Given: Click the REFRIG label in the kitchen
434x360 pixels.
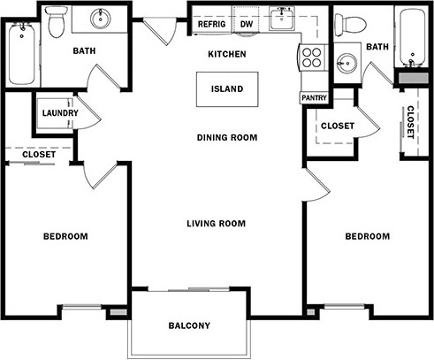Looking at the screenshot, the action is pos(211,24).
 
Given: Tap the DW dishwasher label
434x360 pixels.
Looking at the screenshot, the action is pos(247,24).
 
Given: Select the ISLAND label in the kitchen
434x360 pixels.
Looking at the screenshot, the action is pos(227,89).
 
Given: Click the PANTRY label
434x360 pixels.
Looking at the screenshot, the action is pos(314,97).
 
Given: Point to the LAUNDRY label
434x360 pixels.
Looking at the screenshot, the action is pos(60,113).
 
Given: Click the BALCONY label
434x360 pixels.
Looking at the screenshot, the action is pos(189,326).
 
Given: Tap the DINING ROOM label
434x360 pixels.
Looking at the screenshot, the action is pos(227,138).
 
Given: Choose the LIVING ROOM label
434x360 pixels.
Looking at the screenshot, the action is pos(217,224).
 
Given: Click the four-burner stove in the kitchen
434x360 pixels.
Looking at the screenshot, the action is pos(312,57).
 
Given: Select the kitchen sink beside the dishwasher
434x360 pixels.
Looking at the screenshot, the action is pos(282,19).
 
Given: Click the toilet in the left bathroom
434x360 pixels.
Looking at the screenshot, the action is pos(56,22).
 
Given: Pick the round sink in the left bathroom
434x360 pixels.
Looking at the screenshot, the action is pos(101,19).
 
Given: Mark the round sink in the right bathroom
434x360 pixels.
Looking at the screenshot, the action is pos(346,64).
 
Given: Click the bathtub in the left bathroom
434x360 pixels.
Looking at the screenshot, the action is pos(22,54).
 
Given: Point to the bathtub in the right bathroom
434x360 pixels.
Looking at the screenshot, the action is pos(413,37).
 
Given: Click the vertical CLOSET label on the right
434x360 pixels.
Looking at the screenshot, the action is pos(410,122).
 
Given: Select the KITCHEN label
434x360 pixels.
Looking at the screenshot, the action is pos(227,54).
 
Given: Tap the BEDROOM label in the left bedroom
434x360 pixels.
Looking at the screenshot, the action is pos(65,236).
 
